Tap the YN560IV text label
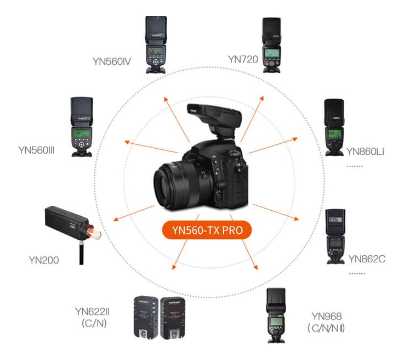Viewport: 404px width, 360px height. pos(112,60)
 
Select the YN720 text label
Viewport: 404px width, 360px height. pos(243,59)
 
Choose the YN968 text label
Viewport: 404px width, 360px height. pos(327,316)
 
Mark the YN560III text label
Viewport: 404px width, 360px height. pos(38,149)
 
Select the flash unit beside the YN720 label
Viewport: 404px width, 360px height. pos(272,44)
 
